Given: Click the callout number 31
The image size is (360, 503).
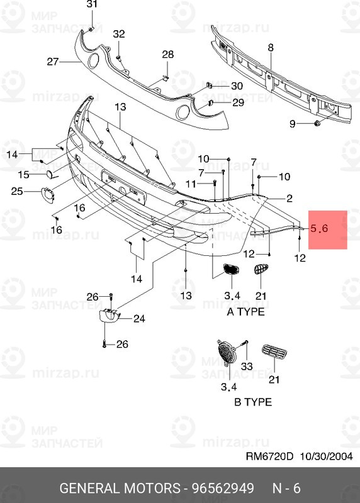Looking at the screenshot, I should [93, 4].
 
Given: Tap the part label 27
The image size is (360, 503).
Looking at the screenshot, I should [52, 62].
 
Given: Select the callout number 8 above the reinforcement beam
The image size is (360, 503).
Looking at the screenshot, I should [271, 48].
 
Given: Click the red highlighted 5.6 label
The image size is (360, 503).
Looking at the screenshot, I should [320, 229].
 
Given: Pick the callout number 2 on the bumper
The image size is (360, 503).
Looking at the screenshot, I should [290, 199].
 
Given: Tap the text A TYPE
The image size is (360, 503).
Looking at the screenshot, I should [245, 312].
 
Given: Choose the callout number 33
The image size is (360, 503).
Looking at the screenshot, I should [246, 367].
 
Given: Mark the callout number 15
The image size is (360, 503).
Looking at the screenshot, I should [23, 174].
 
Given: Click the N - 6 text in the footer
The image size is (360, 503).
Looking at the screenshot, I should [286, 489].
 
